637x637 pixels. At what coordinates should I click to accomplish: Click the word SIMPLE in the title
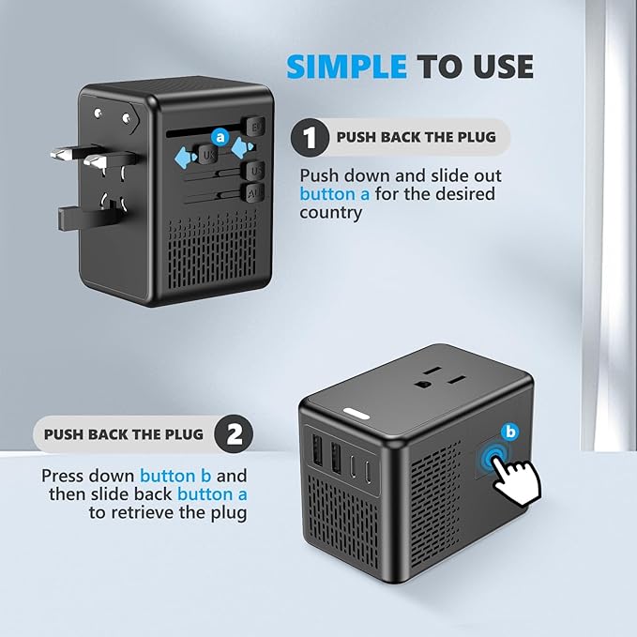(347, 67)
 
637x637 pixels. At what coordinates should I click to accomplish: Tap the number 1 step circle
(307, 138)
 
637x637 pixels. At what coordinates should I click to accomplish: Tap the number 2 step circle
(234, 434)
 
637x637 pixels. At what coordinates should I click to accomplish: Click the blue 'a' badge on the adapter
(220, 136)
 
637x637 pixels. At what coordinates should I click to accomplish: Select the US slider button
(253, 171)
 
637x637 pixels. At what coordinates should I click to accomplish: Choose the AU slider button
(253, 192)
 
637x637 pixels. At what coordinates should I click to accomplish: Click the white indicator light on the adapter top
(356, 413)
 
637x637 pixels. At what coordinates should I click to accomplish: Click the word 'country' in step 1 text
(331, 212)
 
